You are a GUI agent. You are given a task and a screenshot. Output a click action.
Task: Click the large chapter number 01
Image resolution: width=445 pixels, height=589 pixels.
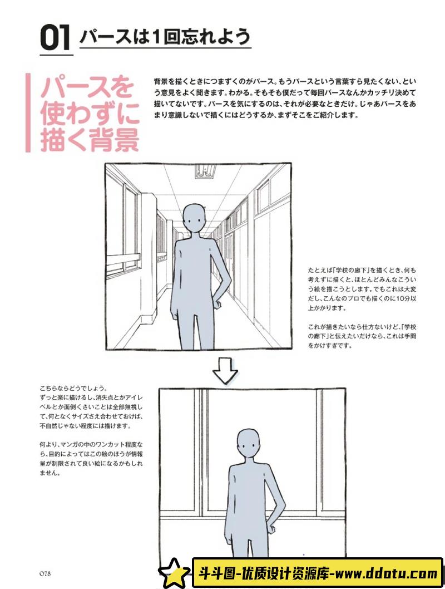tap(56, 38)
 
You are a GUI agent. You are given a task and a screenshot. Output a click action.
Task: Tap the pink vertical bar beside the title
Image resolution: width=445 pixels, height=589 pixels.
tap(28, 113)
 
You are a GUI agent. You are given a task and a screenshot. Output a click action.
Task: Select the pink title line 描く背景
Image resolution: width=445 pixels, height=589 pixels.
tap(89, 140)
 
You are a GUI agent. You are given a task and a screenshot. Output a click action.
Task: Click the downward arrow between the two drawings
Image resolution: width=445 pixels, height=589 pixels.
tap(225, 371)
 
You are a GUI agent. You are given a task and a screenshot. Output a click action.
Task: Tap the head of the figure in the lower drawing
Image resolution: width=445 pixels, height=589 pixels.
tap(248, 444)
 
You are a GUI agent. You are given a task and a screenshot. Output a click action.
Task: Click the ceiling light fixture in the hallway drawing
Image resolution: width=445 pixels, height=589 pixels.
tap(205, 171)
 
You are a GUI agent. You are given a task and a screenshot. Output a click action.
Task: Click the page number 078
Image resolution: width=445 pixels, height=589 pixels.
tap(45, 574)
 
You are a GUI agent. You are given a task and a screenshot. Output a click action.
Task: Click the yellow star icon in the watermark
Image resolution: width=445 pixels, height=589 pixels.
tap(174, 572)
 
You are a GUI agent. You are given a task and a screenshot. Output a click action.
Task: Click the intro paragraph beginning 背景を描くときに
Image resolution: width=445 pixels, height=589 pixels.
tap(284, 98)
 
